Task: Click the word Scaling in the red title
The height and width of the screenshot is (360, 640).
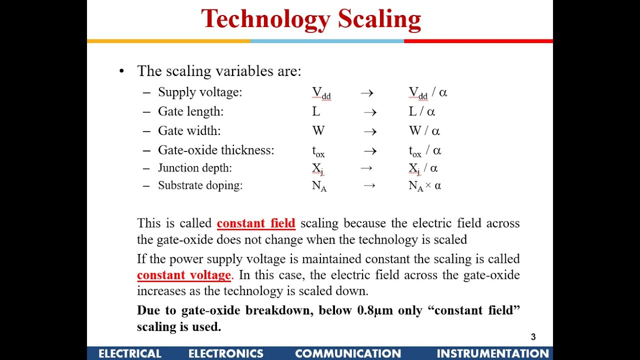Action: (x=379, y=19)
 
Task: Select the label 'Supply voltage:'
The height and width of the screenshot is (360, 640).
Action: (x=200, y=92)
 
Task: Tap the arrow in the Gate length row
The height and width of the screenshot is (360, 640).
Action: (x=370, y=112)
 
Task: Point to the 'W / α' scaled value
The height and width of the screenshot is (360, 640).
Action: (x=424, y=131)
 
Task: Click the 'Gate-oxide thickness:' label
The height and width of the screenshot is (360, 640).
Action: (x=216, y=150)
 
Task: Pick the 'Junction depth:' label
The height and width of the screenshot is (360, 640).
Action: (x=195, y=168)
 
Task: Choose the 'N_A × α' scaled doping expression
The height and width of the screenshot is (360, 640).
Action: (x=425, y=186)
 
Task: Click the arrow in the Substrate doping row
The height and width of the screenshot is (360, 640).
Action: (x=369, y=186)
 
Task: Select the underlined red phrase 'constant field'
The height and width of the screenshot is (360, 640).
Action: (x=256, y=223)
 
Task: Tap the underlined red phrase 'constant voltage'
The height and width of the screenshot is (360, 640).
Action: (x=184, y=275)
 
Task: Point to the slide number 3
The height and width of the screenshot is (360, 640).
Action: (x=533, y=337)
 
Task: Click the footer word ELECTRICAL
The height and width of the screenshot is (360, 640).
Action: (x=130, y=353)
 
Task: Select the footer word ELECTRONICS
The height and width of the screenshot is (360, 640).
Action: (x=226, y=353)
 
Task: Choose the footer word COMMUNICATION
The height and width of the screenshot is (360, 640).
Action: (x=348, y=353)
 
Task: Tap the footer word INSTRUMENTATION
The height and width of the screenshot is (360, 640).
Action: (x=492, y=353)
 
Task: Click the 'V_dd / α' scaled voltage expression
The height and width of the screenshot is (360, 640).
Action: (x=428, y=93)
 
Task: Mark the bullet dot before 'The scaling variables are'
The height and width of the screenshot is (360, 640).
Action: (x=121, y=71)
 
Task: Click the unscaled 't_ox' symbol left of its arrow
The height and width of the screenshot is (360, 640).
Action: (x=318, y=151)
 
